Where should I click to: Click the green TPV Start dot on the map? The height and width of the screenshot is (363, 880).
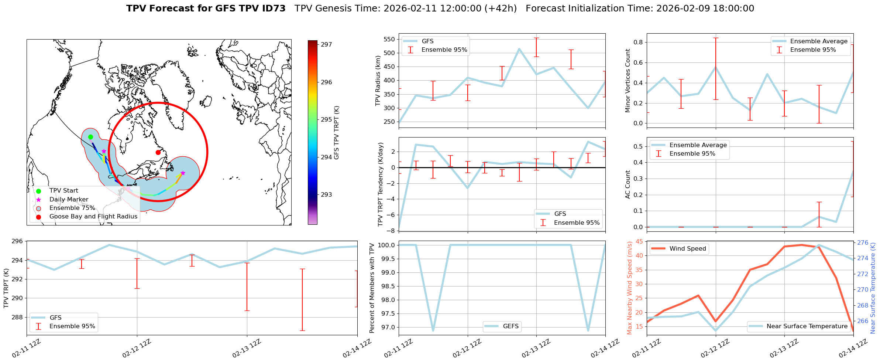pos(90,137)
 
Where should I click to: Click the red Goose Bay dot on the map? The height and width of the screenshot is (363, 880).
pos(158,152)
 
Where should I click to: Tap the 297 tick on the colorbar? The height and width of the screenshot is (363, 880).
pos(326,45)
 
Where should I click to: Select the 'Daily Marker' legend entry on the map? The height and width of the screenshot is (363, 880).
pos(69,200)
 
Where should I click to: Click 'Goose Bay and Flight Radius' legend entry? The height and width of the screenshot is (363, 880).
pos(93,217)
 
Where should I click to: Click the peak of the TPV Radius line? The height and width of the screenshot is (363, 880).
pos(519,49)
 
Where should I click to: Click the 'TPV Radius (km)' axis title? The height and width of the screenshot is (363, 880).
pos(378,81)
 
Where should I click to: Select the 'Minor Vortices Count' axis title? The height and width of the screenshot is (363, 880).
pos(628,81)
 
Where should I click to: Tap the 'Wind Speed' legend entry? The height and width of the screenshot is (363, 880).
pos(687,249)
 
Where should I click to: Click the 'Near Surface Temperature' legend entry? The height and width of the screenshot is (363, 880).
pos(807,326)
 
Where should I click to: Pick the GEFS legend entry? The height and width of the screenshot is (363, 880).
pos(511,326)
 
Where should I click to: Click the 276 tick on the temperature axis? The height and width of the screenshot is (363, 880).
pos(862,243)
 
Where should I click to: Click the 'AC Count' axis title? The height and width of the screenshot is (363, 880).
pos(628,184)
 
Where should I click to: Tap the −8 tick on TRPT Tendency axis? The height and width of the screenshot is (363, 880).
pos(391,231)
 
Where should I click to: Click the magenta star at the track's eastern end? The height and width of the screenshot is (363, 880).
pos(183,173)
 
